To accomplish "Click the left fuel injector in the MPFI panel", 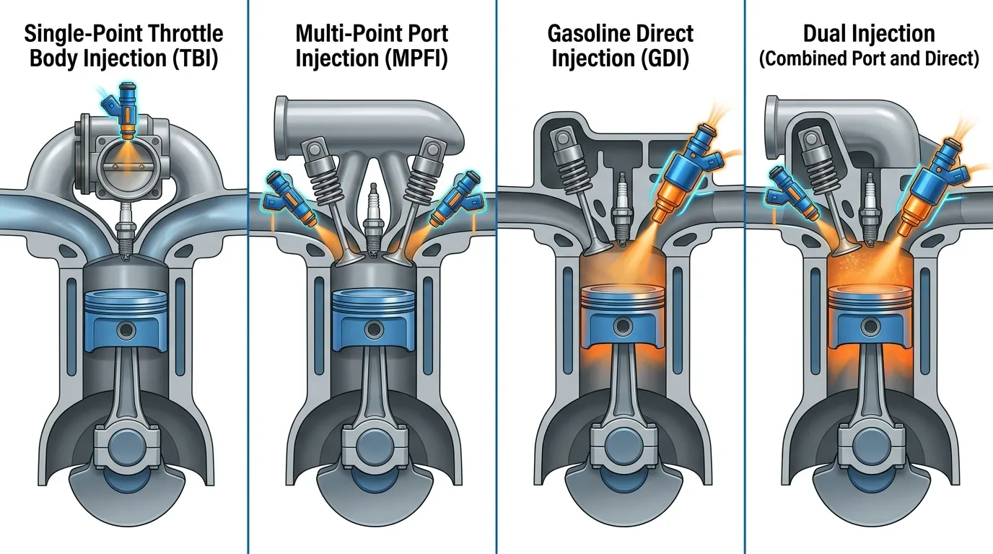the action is coord(289,200).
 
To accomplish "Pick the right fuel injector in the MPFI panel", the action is coord(458,200).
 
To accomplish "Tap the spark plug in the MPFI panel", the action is coord(373,219).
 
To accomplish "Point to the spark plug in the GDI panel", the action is coord(621,208).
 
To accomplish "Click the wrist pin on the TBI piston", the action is coord(126,330).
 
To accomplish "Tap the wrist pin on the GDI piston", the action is coord(623,327).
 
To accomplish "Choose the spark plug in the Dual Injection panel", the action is coord(869,208).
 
